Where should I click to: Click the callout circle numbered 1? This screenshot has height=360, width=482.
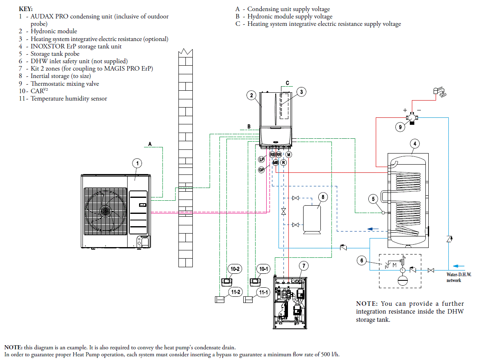coord(138,163)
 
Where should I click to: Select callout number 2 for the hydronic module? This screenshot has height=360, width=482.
coord(252,96)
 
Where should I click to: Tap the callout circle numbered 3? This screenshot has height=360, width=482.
coord(301,92)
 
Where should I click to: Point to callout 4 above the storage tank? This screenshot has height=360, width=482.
coord(415,144)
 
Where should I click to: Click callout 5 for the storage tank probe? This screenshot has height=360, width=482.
coord(373,199)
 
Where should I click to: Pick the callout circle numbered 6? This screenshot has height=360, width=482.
coord(361,260)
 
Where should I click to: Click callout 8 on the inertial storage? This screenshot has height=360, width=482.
coord(323,197)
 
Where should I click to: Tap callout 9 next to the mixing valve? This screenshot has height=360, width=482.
coord(401,127)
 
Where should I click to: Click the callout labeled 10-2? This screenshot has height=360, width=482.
coord(235,269)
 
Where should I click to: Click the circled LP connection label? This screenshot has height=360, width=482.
coord(261,159)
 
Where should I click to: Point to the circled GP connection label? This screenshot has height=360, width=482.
coord(261,170)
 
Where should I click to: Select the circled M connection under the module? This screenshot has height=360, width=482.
coord(289,155)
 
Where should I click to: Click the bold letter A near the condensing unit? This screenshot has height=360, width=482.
coord(150,144)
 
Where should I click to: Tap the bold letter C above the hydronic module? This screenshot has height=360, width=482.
coord(288,83)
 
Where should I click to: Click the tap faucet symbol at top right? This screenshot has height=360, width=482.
coord(439,92)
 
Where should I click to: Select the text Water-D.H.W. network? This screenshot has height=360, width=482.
coord(459,277)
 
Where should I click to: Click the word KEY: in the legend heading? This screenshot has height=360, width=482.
coord(26,9)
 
